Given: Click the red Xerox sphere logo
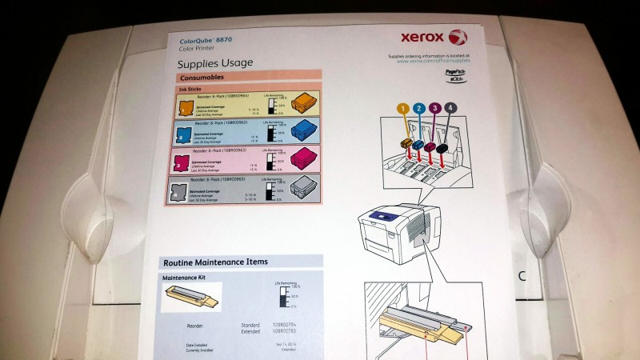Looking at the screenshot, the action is pyautogui.click(x=456, y=36).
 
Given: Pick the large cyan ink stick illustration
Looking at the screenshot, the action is pyautogui.click(x=305, y=131).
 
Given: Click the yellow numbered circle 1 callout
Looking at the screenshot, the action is pyautogui.click(x=402, y=108).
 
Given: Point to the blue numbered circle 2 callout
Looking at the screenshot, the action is pyautogui.click(x=419, y=107).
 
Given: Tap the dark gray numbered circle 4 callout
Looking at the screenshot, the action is pyautogui.click(x=452, y=107).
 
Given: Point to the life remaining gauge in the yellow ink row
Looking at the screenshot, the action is pyautogui.click(x=272, y=105).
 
